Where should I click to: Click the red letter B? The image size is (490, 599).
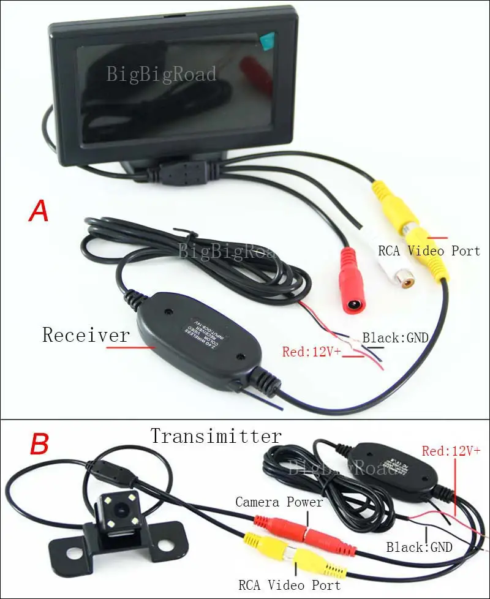coord(39,445)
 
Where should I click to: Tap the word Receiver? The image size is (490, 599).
coord(86,335)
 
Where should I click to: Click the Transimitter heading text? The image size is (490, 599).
coord(216,436)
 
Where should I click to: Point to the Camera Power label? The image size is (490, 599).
coord(279,502)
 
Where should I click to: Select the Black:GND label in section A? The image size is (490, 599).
coord(395,337)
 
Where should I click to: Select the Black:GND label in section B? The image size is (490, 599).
coord(419,547)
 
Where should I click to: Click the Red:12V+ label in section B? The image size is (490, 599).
coord(451,451)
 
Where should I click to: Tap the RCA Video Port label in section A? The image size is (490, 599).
coord(429,251)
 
